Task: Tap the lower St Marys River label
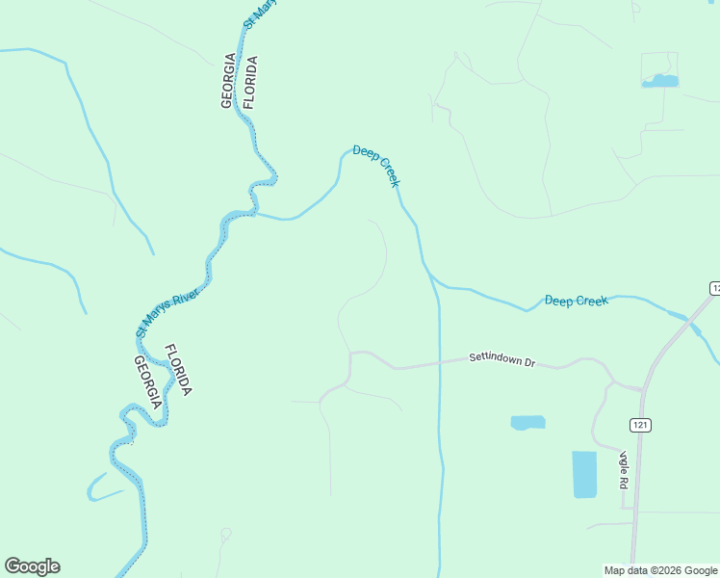click(167, 310)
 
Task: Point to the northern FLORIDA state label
click(249, 81)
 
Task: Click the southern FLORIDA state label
click(178, 370)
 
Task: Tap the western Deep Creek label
click(375, 165)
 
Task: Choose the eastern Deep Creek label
click(576, 301)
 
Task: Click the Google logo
click(32, 566)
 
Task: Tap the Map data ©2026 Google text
click(660, 570)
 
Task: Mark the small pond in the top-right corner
click(659, 82)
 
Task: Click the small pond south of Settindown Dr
click(527, 422)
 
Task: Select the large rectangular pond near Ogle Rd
click(584, 474)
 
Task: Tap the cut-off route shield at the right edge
click(715, 288)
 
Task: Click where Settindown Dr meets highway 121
click(643, 388)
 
